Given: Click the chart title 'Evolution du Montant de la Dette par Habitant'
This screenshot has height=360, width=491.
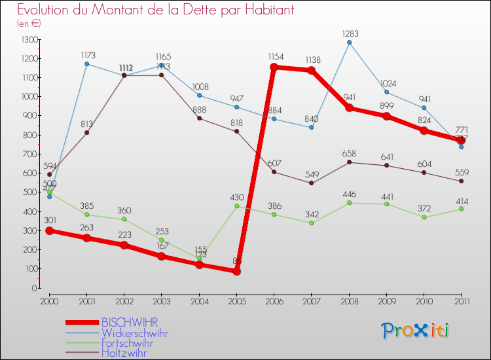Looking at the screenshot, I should click(x=155, y=10).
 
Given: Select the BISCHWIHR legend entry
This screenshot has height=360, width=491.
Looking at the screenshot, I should click(x=130, y=323).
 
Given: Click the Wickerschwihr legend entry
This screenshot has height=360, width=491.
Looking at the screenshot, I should click(x=134, y=333).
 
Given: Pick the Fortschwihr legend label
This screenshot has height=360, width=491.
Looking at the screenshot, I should click(x=128, y=343).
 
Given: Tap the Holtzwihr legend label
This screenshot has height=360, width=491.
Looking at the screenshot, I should click(x=124, y=353).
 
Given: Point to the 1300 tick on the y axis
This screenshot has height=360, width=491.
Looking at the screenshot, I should click(x=29, y=39).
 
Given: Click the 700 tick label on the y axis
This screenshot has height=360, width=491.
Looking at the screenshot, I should click(x=29, y=154).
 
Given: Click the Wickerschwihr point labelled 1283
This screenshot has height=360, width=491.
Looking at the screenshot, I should click(x=349, y=43).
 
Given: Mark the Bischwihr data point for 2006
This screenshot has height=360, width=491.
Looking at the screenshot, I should click(x=274, y=67).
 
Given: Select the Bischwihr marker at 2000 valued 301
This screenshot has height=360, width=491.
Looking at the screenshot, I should click(x=49, y=230).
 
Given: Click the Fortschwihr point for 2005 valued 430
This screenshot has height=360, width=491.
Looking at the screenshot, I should click(x=236, y=206).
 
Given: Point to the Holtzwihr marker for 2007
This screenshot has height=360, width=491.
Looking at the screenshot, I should click(x=311, y=183).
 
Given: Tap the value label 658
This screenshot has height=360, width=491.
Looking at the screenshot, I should click(x=349, y=153).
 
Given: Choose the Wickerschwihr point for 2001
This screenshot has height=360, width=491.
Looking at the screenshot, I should click(x=86, y=63).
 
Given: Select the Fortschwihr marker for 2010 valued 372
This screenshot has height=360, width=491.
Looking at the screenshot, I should click(x=424, y=217).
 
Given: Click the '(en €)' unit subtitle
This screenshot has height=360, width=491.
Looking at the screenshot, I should click(x=29, y=24).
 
